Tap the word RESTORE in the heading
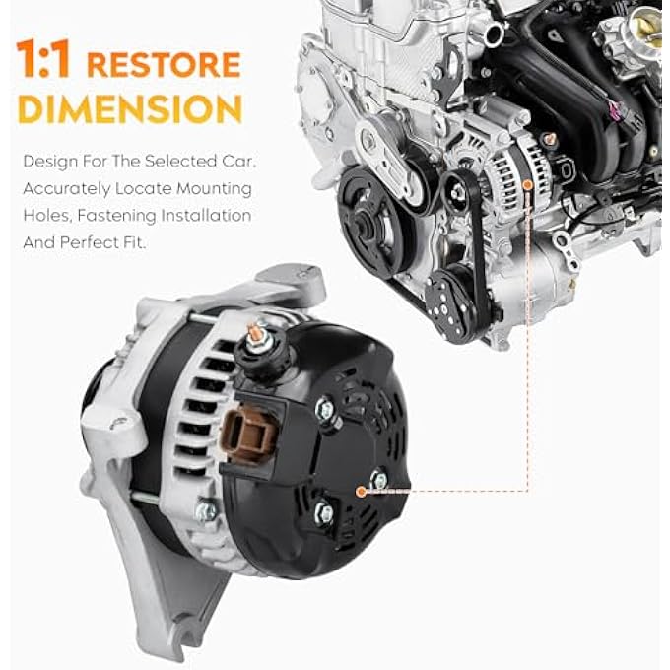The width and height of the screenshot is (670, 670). (x=164, y=65)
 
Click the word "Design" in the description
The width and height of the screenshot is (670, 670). (x=46, y=161)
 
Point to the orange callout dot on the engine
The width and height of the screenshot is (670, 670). (x=530, y=184)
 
